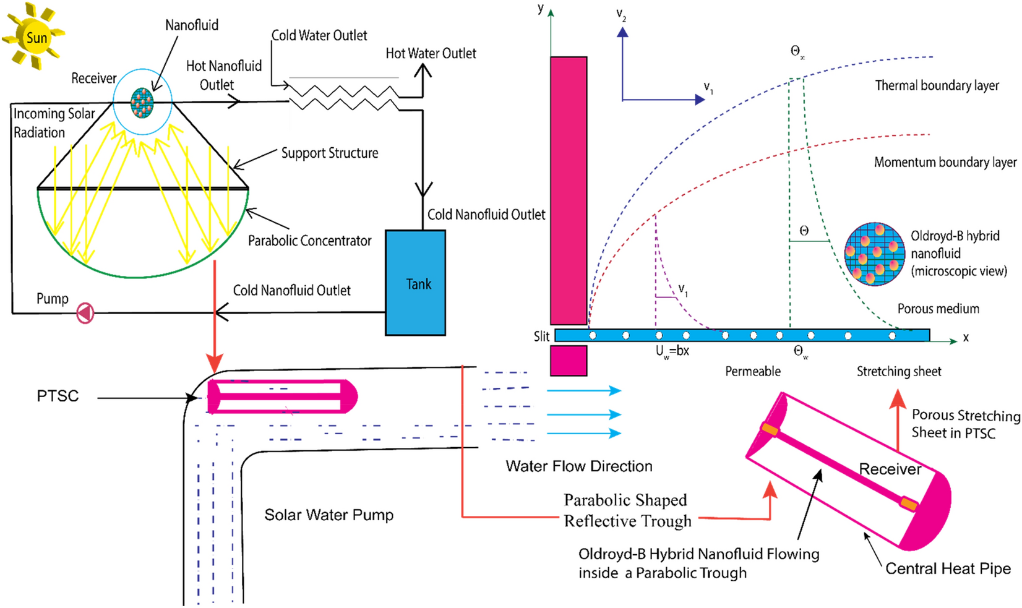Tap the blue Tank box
(x=415, y=283)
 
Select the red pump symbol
(x=85, y=313)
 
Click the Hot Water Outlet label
(x=431, y=54)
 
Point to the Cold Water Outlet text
(x=319, y=36)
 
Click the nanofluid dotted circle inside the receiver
(x=142, y=103)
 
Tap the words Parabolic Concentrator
(x=309, y=241)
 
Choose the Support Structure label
(x=329, y=153)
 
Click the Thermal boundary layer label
(x=937, y=86)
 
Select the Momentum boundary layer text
(x=945, y=163)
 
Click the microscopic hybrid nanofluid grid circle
(x=874, y=254)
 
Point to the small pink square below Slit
(x=569, y=361)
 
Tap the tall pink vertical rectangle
(x=569, y=191)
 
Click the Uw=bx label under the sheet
(x=672, y=351)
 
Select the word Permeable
(x=752, y=371)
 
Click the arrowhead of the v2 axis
(x=622, y=32)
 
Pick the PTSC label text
(x=58, y=396)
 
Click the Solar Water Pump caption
(x=328, y=515)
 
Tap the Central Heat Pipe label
(x=948, y=568)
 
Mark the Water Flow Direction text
(x=578, y=466)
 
